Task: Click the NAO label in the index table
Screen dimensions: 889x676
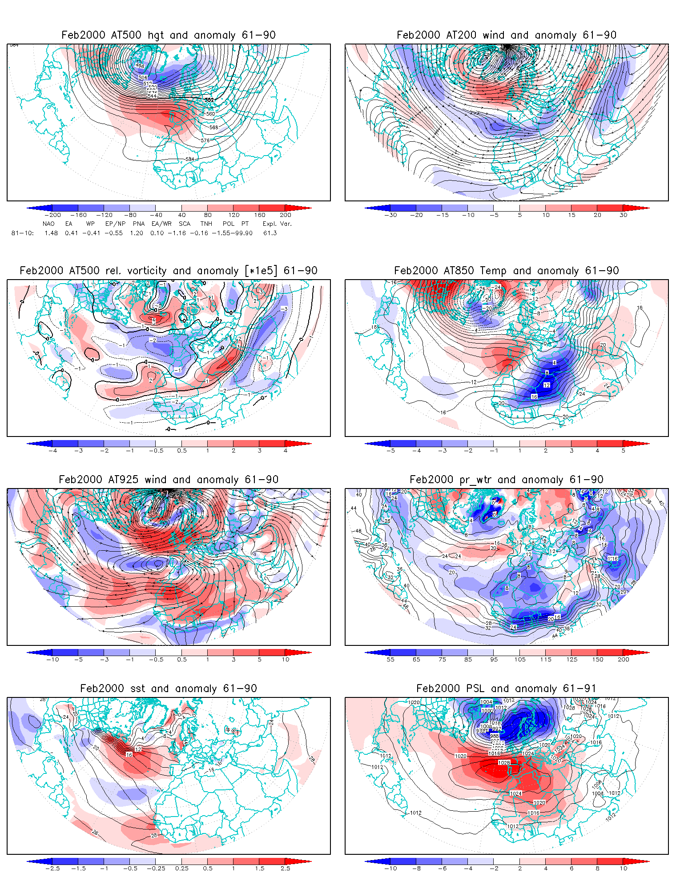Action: tap(48, 224)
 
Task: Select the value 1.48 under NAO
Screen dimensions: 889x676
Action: tap(51, 233)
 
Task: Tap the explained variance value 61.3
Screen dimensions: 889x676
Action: tap(270, 233)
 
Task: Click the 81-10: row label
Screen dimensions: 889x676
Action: tap(22, 233)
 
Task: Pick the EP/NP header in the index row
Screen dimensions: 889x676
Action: tap(115, 224)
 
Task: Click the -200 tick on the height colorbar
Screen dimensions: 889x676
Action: tap(52, 215)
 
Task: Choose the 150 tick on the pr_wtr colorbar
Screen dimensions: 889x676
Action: tap(598, 660)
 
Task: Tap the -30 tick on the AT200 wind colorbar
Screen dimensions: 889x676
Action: tap(390, 215)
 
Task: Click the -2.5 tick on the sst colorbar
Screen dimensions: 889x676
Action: tap(52, 869)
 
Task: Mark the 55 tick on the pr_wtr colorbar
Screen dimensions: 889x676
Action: tap(390, 660)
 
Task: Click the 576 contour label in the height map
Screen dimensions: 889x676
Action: tap(205, 140)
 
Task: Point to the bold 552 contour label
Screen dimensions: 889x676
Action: tap(209, 100)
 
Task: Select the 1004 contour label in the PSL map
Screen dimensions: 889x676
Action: tap(487, 702)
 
